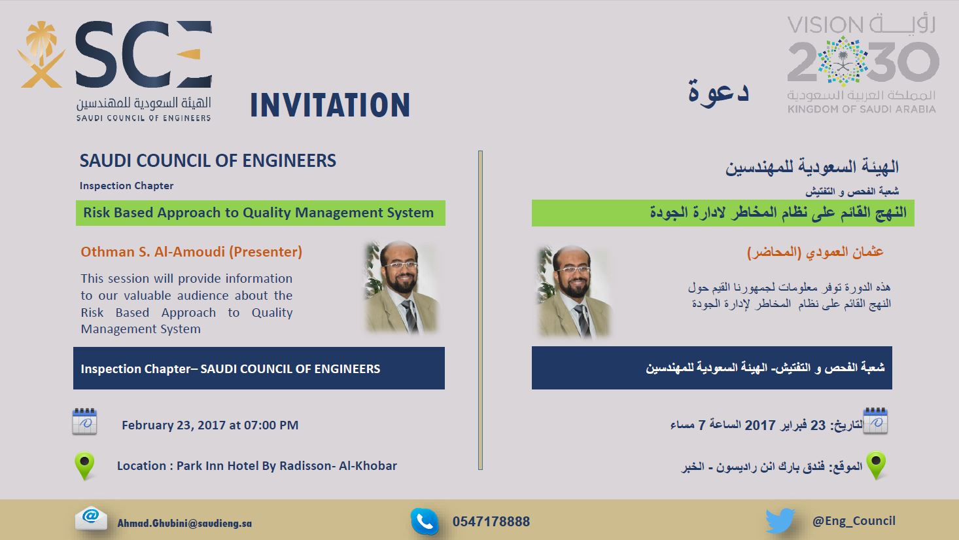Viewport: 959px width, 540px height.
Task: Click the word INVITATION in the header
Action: (330, 105)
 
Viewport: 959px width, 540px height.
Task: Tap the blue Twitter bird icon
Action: (780, 520)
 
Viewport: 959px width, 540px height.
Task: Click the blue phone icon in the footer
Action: (425, 521)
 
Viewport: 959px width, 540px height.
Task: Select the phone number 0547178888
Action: (491, 522)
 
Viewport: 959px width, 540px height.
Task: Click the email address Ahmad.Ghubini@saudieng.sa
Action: (184, 523)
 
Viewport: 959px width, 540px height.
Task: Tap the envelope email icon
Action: (91, 518)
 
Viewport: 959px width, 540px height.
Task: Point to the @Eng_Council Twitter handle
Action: (854, 521)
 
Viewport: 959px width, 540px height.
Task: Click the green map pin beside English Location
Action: (85, 465)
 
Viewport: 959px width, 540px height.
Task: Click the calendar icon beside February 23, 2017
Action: (84, 422)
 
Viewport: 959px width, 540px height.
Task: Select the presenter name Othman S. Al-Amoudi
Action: (152, 252)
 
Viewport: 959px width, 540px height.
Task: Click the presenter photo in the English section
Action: (402, 287)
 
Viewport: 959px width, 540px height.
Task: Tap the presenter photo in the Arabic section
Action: (574, 292)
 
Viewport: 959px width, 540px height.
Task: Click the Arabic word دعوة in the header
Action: (718, 92)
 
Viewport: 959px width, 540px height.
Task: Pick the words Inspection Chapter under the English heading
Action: (126, 186)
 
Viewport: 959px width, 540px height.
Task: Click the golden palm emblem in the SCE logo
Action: (41, 54)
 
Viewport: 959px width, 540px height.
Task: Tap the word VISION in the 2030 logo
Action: (825, 26)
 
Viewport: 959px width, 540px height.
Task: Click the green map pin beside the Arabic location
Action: (876, 465)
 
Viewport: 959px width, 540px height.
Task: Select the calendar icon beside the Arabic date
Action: (875, 421)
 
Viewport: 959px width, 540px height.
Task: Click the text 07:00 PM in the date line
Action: (271, 425)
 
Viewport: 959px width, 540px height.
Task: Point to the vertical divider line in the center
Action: (480, 310)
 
